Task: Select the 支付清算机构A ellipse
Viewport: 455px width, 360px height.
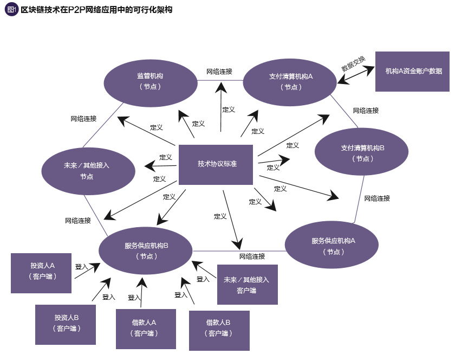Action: point(291,81)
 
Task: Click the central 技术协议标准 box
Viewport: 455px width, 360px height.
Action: point(216,164)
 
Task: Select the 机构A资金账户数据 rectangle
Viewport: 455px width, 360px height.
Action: point(413,72)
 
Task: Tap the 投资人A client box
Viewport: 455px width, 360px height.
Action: point(42,273)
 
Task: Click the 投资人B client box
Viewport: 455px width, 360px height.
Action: point(66,323)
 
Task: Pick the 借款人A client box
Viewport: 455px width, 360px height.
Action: point(146,329)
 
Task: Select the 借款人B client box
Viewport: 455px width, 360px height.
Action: point(219,330)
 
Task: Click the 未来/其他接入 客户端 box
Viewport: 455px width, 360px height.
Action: point(247,285)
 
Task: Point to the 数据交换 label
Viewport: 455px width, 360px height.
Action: point(353,63)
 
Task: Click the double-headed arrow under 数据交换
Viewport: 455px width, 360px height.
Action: point(356,75)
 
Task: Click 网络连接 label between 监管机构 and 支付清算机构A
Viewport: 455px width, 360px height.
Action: point(219,71)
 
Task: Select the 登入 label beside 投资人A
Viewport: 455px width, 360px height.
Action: point(81,267)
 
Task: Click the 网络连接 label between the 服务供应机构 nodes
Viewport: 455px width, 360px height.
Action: point(252,256)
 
